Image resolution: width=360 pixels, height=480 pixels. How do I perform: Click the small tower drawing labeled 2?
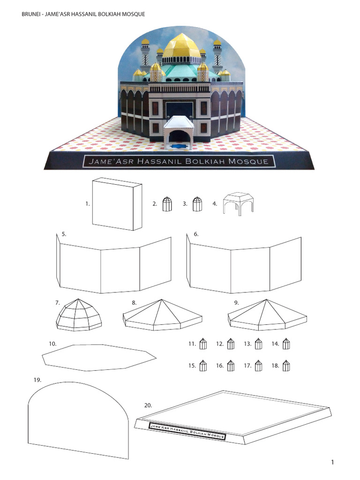166,204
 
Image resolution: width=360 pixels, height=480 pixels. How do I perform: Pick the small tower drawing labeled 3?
197,204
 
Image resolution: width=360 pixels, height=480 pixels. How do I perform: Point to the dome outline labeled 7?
79,315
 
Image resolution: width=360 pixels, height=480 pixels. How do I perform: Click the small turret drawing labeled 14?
286,345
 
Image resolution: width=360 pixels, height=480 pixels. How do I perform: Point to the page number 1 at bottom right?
332,463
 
